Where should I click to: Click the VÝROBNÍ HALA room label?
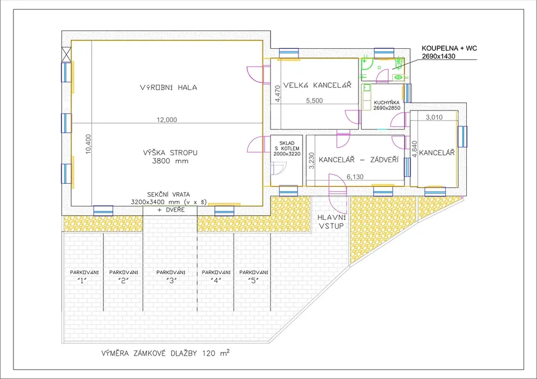(x=168, y=87)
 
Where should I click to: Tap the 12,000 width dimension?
(x=167, y=119)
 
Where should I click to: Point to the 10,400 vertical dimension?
(x=88, y=144)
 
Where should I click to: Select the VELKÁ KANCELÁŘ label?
(x=317, y=85)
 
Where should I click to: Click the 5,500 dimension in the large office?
(x=315, y=101)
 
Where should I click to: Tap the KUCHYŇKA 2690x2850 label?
(x=386, y=105)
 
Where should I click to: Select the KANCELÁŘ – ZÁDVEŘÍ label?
(x=359, y=160)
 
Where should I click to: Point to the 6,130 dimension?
(x=355, y=177)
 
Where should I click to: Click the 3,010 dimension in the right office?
(x=434, y=117)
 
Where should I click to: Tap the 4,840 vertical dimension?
(x=415, y=149)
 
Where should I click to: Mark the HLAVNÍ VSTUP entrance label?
(x=331, y=221)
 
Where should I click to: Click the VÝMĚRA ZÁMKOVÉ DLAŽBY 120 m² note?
(x=165, y=353)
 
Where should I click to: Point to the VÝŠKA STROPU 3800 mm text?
(x=170, y=157)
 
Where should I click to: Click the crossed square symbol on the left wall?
(x=66, y=54)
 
